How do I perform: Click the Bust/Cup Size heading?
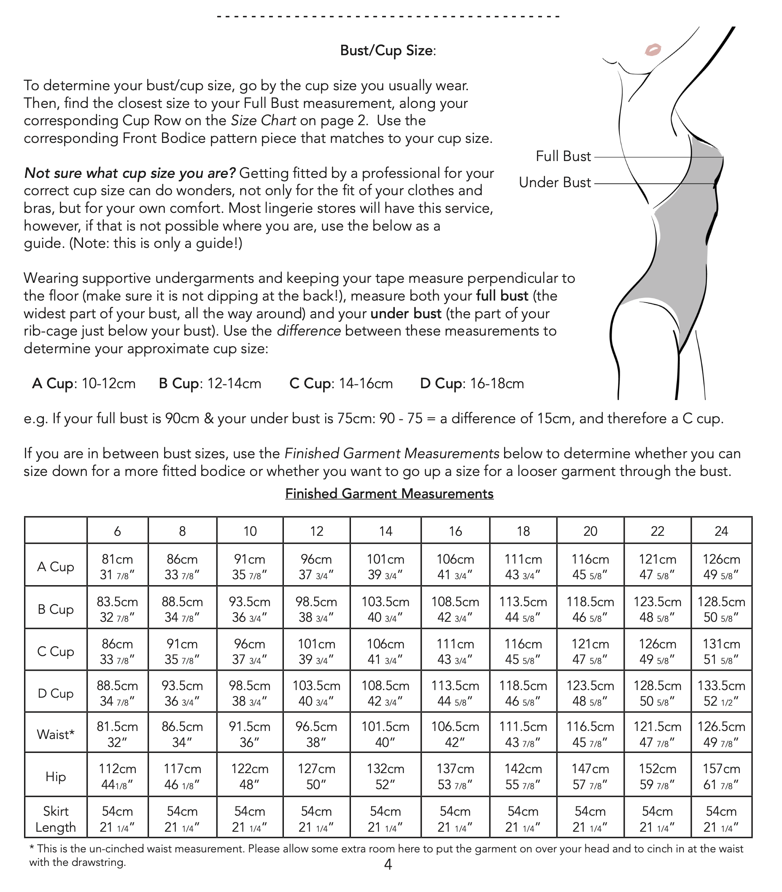point(388,51)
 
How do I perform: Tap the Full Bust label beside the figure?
point(563,156)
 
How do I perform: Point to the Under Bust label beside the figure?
point(555,183)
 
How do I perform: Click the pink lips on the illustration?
point(653,50)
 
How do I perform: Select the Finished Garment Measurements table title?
point(389,493)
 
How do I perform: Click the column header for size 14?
point(386,531)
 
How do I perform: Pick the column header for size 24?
point(721,531)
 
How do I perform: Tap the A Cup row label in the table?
point(55,567)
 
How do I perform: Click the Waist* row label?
point(55,734)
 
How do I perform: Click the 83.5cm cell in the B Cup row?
point(117,610)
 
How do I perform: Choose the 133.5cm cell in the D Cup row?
point(721,693)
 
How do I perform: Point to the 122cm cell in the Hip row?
point(250,777)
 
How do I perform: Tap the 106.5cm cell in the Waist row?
point(455,734)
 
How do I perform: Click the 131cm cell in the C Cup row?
point(721,652)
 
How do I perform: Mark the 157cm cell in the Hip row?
point(721,777)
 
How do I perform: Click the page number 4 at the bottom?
point(388,864)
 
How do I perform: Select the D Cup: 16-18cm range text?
point(472,384)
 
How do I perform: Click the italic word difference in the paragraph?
point(308,331)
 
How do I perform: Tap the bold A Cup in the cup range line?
point(54,384)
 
